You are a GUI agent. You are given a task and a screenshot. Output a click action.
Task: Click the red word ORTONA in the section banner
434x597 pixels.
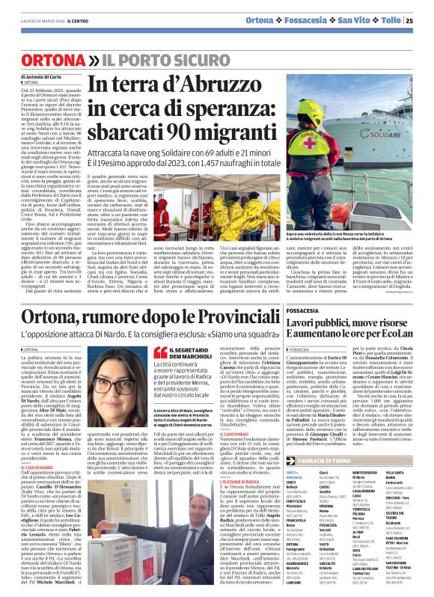[x=54, y=58]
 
